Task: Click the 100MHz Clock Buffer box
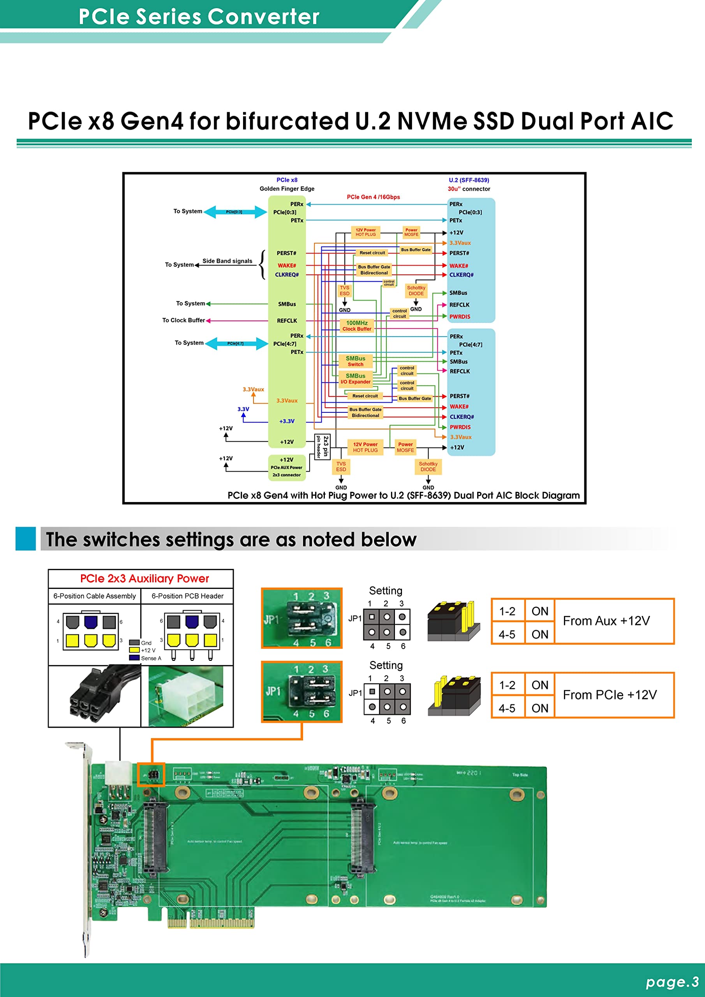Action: click(x=357, y=326)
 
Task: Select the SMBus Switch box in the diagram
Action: click(x=355, y=361)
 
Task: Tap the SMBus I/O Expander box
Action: click(x=355, y=379)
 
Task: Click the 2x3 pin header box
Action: click(x=322, y=447)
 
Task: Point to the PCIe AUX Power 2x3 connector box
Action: click(x=287, y=467)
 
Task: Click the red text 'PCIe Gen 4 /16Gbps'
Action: click(x=373, y=197)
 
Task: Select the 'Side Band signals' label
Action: click(x=227, y=261)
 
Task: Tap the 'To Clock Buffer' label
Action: click(x=183, y=321)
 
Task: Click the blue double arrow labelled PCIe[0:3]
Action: click(x=235, y=212)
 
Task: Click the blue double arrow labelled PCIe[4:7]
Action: click(x=236, y=343)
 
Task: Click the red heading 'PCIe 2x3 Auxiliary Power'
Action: click(x=145, y=579)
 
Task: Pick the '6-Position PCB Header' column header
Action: click(x=187, y=596)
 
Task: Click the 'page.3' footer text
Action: click(x=672, y=982)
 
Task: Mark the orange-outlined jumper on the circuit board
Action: click(x=151, y=775)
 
